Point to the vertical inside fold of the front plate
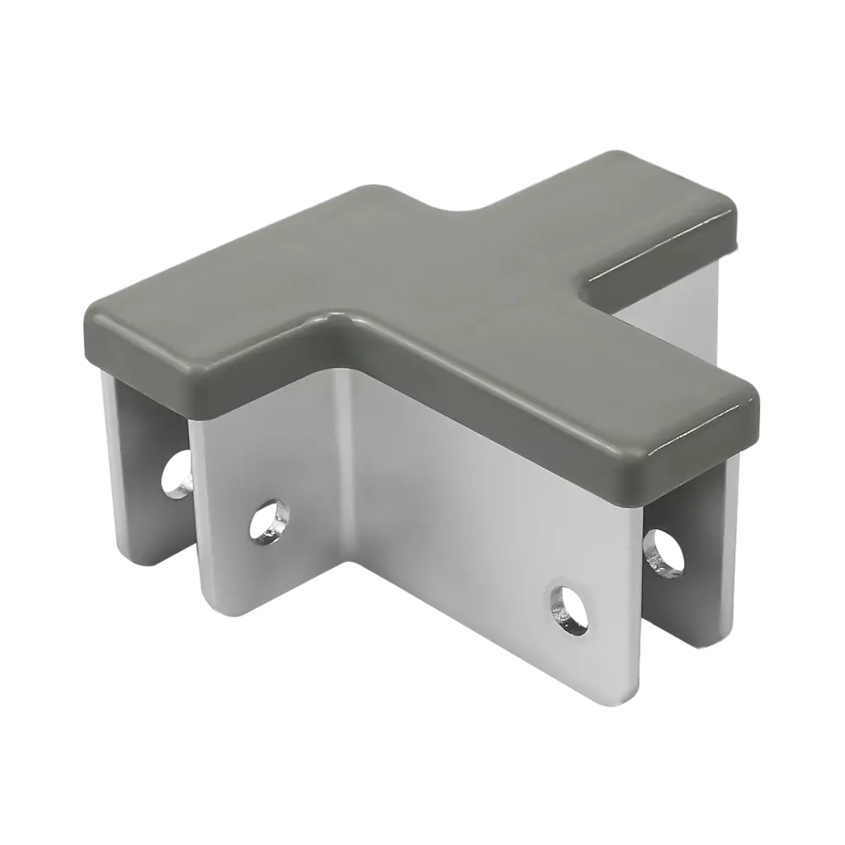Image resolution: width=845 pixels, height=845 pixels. point(347,462)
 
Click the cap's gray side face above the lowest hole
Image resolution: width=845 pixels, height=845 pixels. point(561,437)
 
